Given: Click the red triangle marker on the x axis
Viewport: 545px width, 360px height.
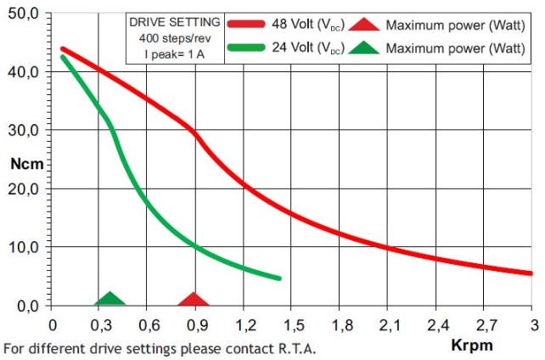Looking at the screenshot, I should (x=194, y=300).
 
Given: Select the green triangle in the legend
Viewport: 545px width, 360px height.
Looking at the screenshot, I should (x=363, y=48).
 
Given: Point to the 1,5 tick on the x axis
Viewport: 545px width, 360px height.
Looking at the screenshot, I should (x=293, y=325).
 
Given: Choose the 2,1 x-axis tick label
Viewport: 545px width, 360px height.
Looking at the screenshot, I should (x=390, y=325).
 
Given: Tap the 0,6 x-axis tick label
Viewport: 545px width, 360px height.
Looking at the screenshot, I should (x=149, y=325).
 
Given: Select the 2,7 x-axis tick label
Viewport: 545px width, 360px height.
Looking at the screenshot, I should (x=486, y=325).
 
